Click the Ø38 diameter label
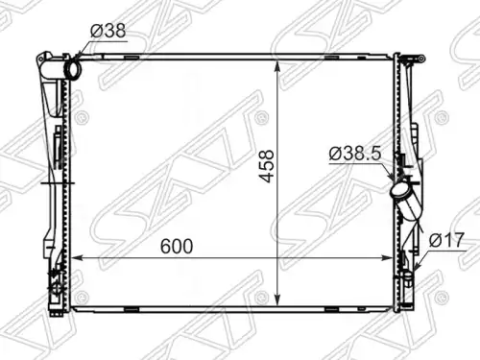tap(108, 31)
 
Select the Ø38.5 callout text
tap(355, 154)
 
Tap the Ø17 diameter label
tap(446, 240)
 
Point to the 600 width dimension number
tap(177, 246)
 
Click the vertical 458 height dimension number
tap(266, 166)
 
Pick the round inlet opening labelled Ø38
tap(73, 69)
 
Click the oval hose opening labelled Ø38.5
tap(399, 190)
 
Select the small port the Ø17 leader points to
tap(408, 275)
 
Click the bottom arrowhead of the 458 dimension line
tap(277, 300)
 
